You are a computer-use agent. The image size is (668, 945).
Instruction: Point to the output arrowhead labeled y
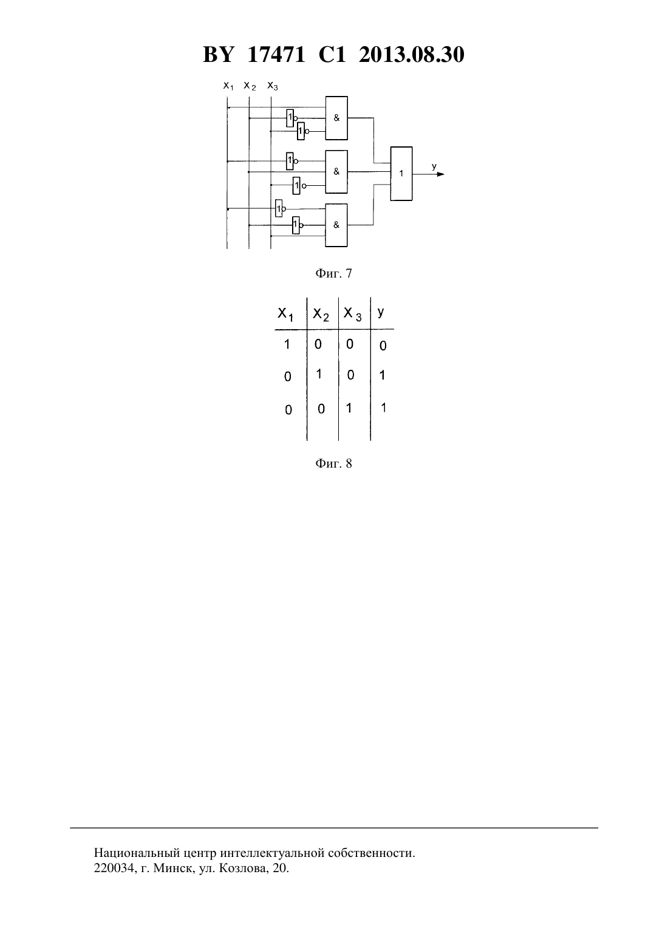tap(441, 174)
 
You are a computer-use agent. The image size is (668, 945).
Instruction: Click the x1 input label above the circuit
tap(228, 86)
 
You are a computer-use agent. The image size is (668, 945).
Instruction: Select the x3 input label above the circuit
tap(273, 86)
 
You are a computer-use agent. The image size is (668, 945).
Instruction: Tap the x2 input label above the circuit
tap(250, 86)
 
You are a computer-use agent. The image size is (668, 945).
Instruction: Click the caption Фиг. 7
tap(333, 273)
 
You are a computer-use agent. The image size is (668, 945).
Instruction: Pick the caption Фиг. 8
tap(333, 463)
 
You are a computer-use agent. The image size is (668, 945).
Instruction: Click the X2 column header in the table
tap(321, 315)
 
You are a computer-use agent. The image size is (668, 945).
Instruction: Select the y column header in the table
tap(381, 312)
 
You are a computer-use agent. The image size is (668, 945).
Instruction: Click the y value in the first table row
tap(383, 346)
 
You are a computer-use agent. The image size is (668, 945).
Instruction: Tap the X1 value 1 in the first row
tap(287, 344)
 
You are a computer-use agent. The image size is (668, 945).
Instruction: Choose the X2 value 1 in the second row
tap(319, 374)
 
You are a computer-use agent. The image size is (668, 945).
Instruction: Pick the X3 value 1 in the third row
tap(349, 408)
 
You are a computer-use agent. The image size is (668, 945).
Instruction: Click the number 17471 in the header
tap(276, 55)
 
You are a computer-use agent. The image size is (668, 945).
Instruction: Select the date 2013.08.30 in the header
tap(412, 55)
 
